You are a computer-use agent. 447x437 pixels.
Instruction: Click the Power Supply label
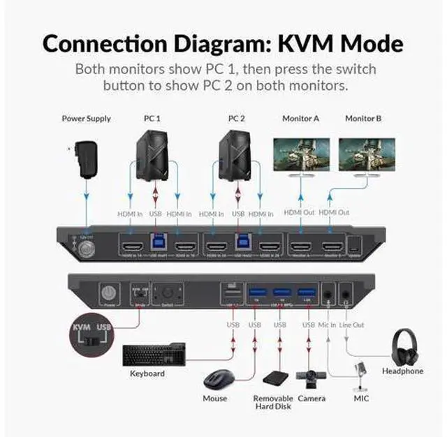86,119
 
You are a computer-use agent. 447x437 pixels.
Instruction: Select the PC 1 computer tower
153,154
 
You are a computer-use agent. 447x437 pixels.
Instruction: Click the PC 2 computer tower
237,154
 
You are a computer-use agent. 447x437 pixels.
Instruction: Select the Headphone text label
402,371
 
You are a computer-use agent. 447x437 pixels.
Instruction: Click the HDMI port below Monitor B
332,246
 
